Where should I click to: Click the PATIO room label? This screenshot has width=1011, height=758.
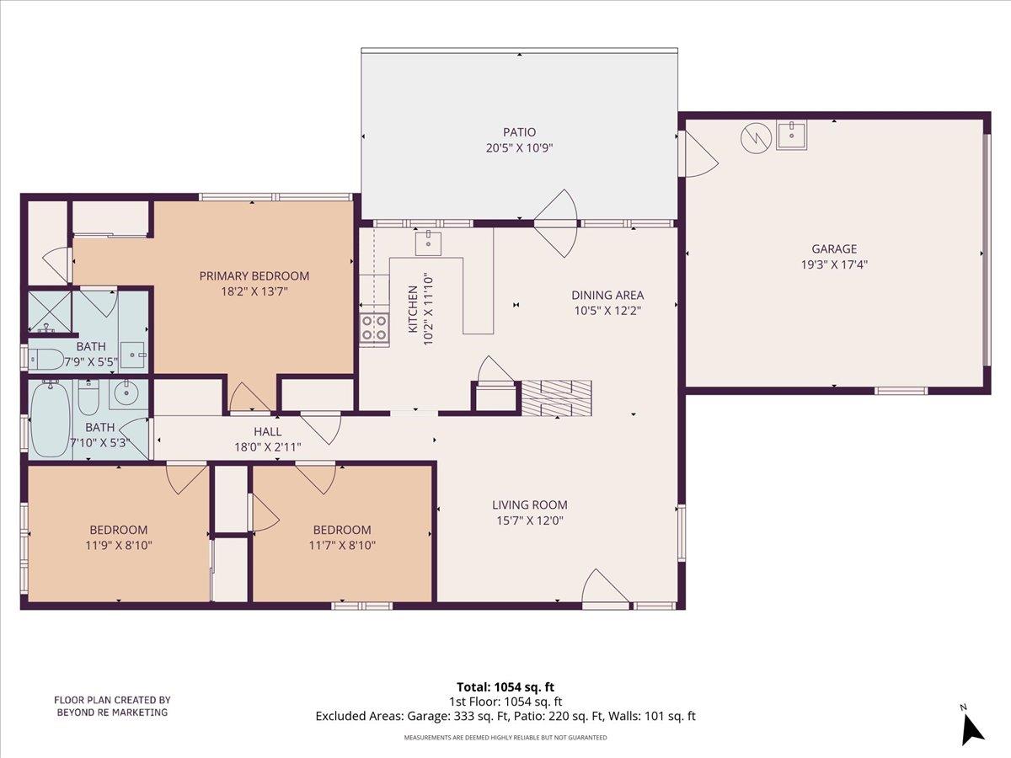coord(519,132)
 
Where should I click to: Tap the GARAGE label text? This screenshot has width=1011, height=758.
coord(834,248)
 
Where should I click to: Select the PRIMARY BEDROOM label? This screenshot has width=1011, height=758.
coord(254,276)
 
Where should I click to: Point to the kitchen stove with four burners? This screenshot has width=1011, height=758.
coord(375,328)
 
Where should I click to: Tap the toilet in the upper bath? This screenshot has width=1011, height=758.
coord(47,359)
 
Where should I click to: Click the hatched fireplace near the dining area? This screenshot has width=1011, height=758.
coord(555,398)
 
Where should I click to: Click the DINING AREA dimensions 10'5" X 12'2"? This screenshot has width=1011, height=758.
coord(607,310)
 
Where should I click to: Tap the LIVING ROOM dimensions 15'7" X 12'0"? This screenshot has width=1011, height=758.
coord(530,520)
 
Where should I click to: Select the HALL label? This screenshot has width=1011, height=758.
coord(267,432)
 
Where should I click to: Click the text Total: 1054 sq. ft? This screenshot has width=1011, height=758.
coord(505,686)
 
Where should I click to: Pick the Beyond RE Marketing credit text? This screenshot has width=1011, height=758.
coord(112,706)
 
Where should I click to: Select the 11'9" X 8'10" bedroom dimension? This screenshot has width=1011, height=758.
coord(119,545)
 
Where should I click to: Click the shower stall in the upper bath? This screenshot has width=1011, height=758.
coord(49,312)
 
